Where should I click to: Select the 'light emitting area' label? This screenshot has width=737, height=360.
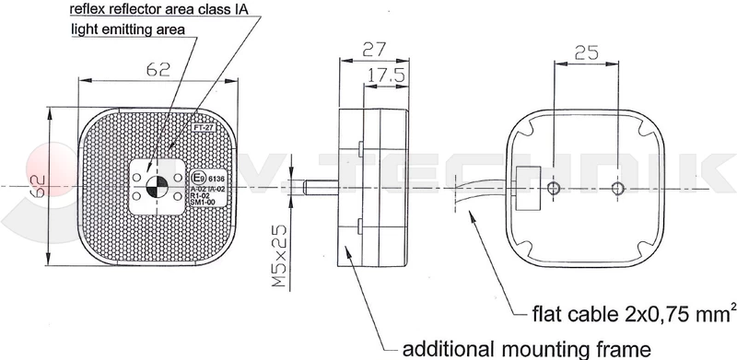[128, 29]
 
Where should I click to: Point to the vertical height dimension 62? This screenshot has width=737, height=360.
[35, 189]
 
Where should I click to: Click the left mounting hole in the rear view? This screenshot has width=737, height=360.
[553, 189]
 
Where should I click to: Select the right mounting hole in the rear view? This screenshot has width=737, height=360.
[619, 189]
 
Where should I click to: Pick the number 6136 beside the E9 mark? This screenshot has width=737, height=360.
[217, 178]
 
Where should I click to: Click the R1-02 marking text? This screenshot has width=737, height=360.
[200, 196]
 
